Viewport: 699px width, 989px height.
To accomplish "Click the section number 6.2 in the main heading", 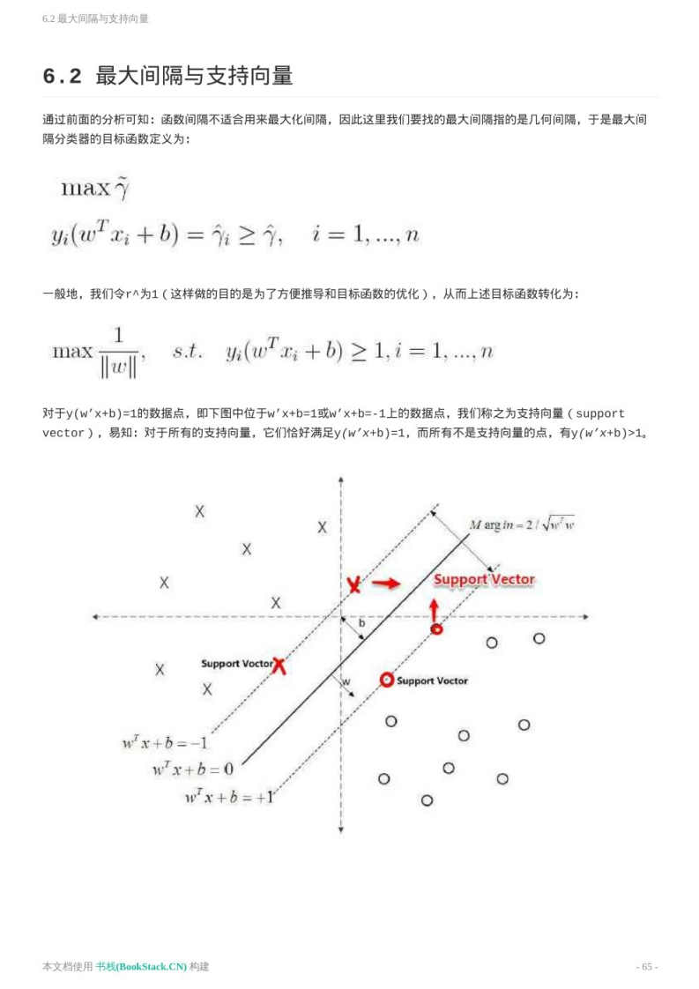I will click(x=62, y=77).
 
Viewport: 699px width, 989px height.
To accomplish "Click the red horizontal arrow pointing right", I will click(x=386, y=583).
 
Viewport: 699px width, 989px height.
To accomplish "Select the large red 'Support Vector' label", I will click(x=484, y=579).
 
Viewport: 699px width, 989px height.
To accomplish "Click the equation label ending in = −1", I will click(x=164, y=742).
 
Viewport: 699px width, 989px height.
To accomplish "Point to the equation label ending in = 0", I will click(x=192, y=769).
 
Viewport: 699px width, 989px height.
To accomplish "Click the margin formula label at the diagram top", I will click(x=522, y=524).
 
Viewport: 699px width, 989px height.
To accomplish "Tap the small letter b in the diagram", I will click(x=361, y=623).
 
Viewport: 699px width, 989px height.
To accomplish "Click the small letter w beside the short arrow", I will click(x=346, y=681).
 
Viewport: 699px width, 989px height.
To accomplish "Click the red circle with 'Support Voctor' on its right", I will click(x=386, y=680).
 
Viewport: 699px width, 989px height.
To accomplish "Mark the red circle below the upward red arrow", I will click(x=435, y=628).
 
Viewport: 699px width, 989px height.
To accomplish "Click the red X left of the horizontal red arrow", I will click(x=353, y=584).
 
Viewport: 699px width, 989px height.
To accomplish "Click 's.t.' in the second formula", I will click(x=188, y=351).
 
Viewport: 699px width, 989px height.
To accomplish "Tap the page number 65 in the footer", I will click(x=647, y=966).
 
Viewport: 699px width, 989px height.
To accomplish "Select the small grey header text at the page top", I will click(x=95, y=19).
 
